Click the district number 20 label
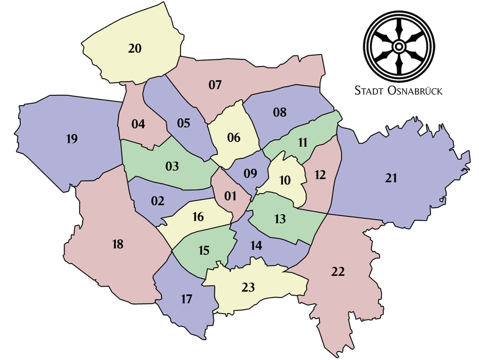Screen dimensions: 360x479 (135, 49)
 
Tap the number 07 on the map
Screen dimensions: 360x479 (215, 85)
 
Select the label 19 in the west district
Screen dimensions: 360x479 (71, 139)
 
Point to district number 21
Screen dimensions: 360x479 (391, 178)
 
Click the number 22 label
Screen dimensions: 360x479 (338, 272)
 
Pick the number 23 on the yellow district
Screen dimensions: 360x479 (248, 287)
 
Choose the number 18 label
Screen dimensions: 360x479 (118, 244)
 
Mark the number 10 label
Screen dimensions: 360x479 (285, 179)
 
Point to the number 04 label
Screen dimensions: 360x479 (138, 124)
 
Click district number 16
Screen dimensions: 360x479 (198, 217)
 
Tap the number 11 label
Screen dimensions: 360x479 (302, 142)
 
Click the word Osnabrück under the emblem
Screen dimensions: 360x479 (416, 91)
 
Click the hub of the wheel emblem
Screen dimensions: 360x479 (398, 47)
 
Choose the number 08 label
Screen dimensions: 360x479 (280, 112)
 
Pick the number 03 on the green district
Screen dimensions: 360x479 (172, 166)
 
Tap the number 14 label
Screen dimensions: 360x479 (256, 245)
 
